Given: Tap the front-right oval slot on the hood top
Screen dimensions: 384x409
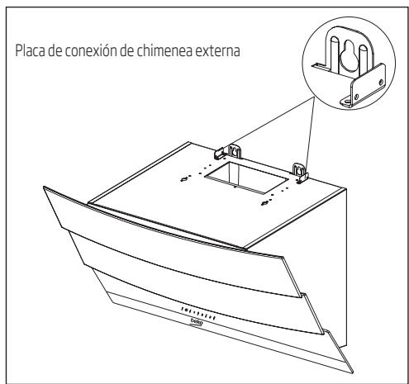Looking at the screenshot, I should tap(266, 201).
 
